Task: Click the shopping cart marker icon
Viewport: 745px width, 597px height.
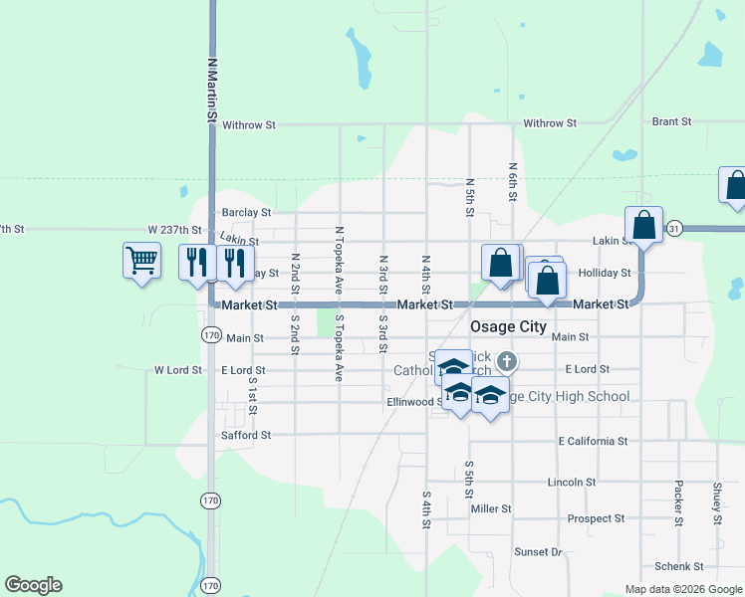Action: click(141, 262)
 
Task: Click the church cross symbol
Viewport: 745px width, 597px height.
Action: click(507, 359)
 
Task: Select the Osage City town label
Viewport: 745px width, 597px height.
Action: click(510, 326)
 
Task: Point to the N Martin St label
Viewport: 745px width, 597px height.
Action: click(212, 90)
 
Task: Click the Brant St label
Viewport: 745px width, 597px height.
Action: click(671, 121)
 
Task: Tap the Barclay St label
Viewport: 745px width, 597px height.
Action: click(246, 212)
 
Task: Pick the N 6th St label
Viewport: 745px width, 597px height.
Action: click(512, 183)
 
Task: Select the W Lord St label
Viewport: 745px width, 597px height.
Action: click(178, 370)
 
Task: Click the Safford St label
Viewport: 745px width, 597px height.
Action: click(245, 435)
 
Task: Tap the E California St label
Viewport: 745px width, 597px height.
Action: click(593, 440)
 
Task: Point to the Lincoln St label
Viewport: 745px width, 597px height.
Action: click(572, 482)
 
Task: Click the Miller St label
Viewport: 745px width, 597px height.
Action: click(491, 508)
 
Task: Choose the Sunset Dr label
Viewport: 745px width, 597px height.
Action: click(538, 551)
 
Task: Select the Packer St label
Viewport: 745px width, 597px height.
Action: click(677, 504)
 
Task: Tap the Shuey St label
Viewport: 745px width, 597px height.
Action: click(716, 503)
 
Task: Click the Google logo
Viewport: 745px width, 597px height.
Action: click(33, 585)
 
